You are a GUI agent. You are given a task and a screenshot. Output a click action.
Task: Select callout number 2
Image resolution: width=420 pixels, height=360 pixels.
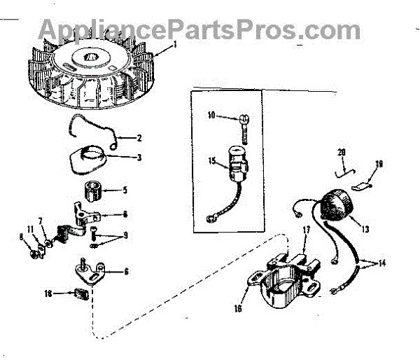[x=139, y=137]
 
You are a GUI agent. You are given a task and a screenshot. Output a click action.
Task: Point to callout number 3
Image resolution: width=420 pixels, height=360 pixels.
[x=139, y=158]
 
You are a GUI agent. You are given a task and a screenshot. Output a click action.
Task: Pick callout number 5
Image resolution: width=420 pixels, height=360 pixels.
[x=125, y=189]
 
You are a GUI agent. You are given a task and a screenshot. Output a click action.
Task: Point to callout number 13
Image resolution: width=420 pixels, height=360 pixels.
[x=365, y=228]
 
